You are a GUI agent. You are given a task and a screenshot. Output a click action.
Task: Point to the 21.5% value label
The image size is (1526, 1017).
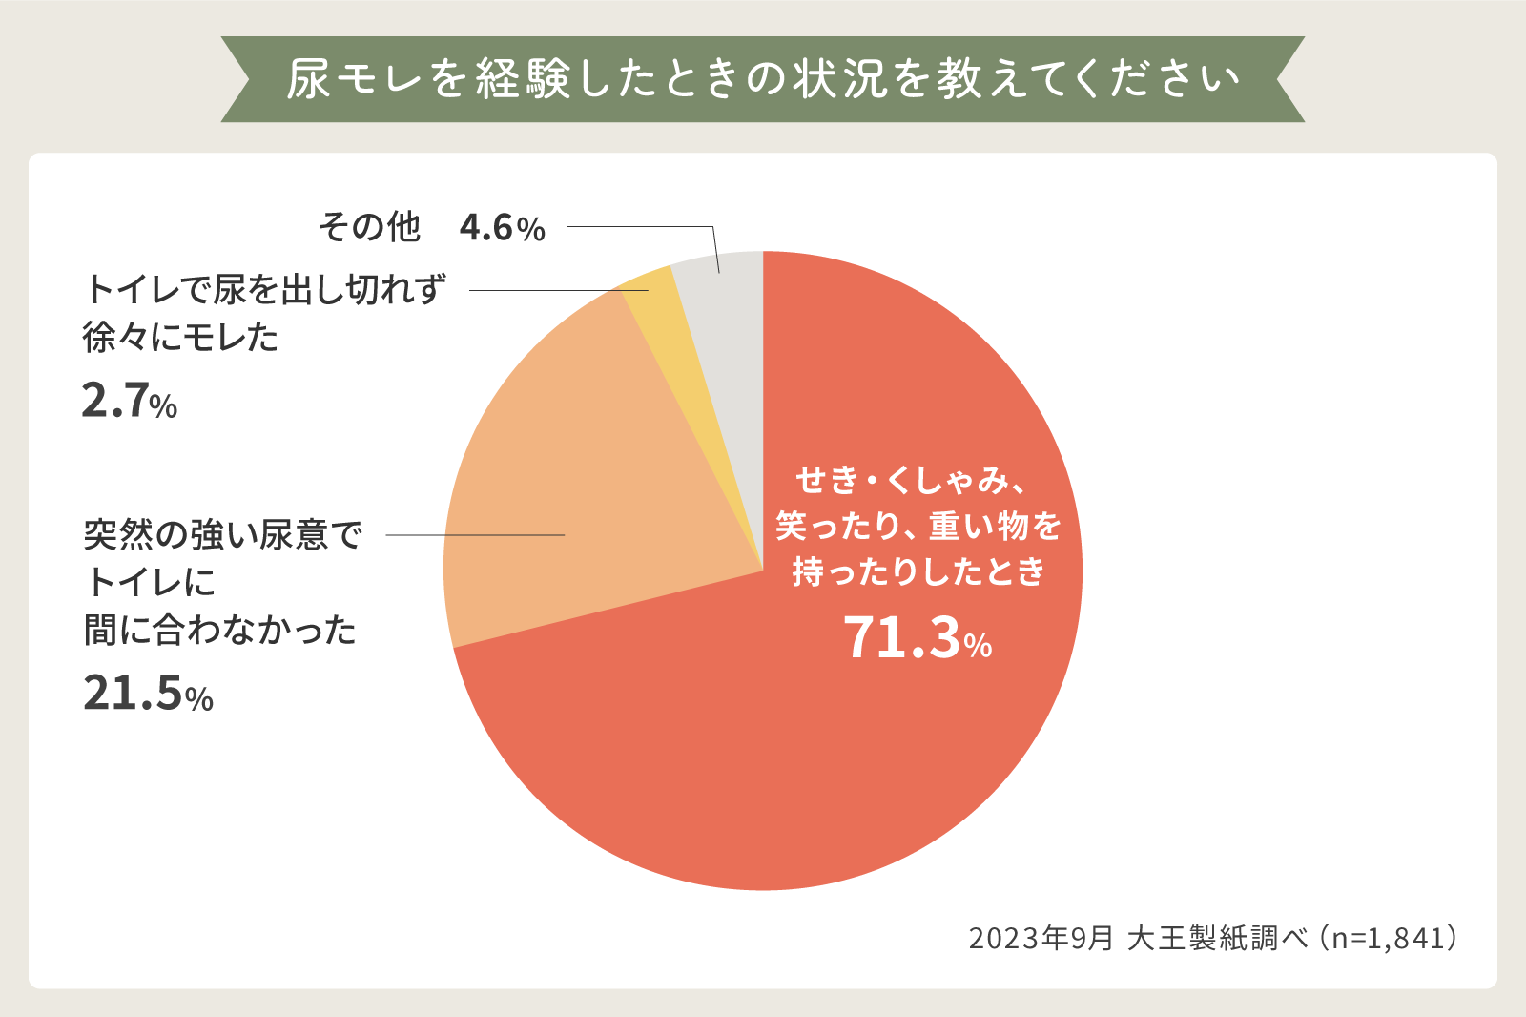pos(148,694)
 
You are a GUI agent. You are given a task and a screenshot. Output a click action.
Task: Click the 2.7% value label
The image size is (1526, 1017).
pos(130,401)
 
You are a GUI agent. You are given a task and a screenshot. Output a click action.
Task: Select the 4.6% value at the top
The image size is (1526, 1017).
pos(502,228)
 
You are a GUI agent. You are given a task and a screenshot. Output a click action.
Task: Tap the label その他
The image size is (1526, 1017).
pos(369,228)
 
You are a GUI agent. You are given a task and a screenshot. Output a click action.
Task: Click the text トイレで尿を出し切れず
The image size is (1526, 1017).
pos(264,289)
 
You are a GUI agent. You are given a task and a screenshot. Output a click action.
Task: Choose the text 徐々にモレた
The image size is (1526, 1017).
pos(181,338)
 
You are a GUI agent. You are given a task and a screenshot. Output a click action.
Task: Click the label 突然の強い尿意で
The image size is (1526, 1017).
pos(222,535)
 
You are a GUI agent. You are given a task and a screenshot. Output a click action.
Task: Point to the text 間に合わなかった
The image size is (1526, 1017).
pos(220,631)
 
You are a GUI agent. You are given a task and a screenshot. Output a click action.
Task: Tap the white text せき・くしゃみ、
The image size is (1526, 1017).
pos(911,480)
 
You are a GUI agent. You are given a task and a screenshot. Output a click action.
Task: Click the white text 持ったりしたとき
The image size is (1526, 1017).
pos(918,571)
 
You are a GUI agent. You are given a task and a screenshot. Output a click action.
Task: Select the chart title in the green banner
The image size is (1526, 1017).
pos(763,79)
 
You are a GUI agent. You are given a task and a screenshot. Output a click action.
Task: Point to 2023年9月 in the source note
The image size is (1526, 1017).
pos(1041,939)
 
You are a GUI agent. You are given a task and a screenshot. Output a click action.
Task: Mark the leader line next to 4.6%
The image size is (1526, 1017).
pos(639,227)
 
